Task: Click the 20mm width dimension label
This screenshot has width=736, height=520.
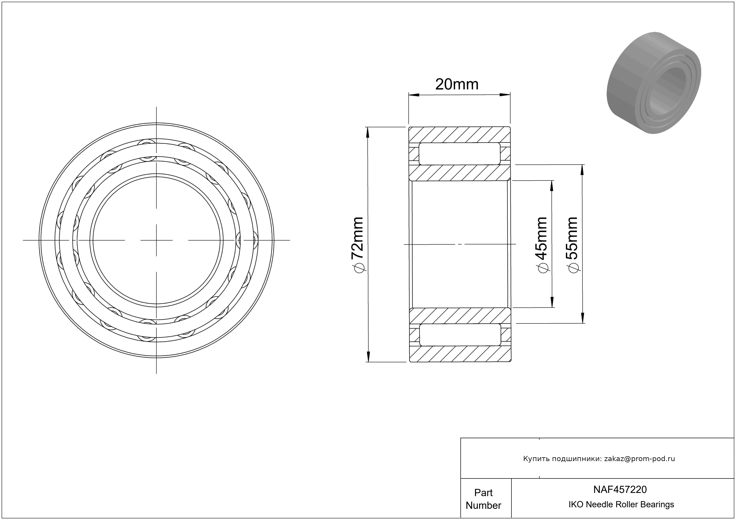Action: click(x=456, y=84)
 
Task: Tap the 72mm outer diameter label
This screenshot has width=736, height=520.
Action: click(x=357, y=238)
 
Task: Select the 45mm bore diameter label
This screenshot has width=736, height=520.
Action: click(x=542, y=238)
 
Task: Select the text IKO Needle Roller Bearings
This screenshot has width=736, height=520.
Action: click(x=621, y=504)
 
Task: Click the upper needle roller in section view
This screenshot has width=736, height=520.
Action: click(x=459, y=153)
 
